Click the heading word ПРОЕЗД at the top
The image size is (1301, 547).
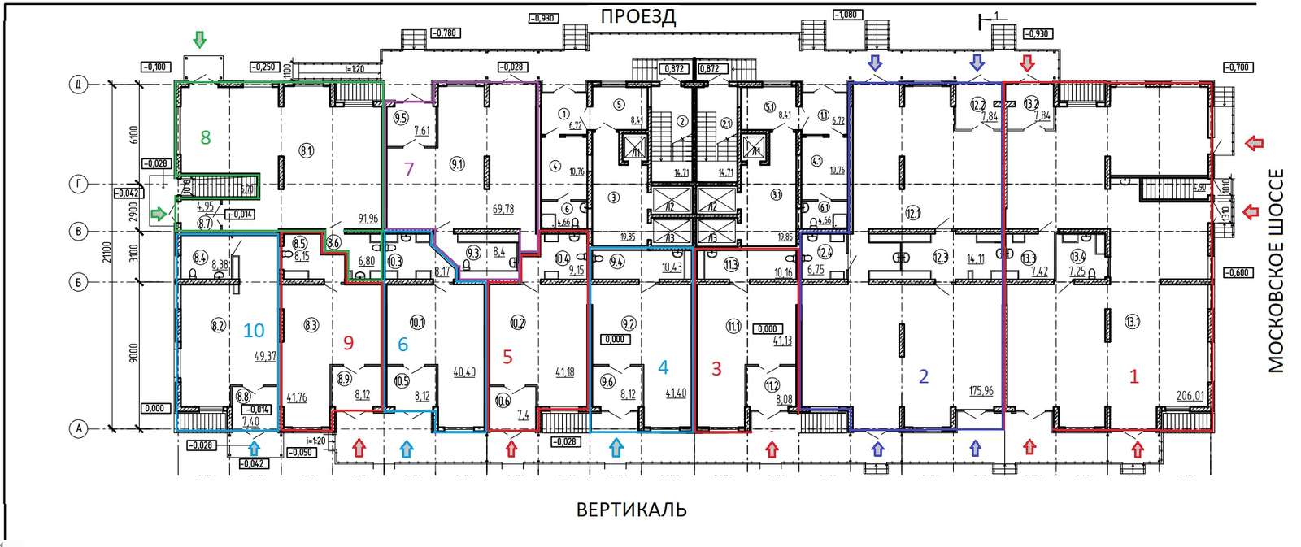coord(638,16)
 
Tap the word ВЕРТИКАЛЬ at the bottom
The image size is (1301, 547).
coord(632,510)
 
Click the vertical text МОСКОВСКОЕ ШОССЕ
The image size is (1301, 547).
coord(1277,271)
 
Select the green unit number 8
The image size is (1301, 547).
coord(206,137)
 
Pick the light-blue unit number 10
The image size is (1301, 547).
coord(254,331)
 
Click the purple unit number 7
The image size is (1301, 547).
coord(409,170)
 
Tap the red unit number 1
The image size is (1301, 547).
coord(1134,376)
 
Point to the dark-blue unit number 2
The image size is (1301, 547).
coord(923,376)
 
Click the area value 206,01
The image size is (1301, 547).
coord(1190,396)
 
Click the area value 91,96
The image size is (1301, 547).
coord(368,219)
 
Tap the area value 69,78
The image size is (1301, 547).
coord(503,210)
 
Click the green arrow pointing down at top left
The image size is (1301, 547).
coord(199,39)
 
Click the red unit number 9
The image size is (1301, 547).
coord(349,343)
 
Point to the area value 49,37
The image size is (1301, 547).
coord(266,356)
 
